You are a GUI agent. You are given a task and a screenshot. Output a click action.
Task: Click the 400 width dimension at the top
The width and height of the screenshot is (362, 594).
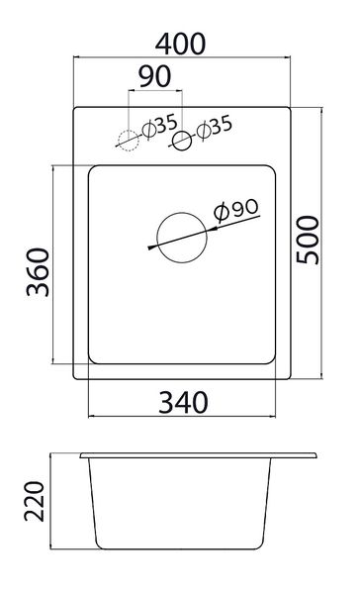pos(180,44)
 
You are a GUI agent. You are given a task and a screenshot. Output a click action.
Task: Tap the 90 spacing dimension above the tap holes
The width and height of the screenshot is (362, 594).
pos(155,76)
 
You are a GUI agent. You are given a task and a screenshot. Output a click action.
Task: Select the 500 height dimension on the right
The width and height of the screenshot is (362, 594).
pos(308,240)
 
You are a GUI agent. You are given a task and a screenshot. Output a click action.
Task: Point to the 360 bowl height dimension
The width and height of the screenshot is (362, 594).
pos(38,271)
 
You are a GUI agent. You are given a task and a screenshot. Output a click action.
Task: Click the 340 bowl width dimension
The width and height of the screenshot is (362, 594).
pos(183,402)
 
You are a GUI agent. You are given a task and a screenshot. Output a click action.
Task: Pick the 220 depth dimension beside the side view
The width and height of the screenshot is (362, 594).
pos(35,501)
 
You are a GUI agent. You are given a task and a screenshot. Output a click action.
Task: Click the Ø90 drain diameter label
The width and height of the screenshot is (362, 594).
pos(236,210)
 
